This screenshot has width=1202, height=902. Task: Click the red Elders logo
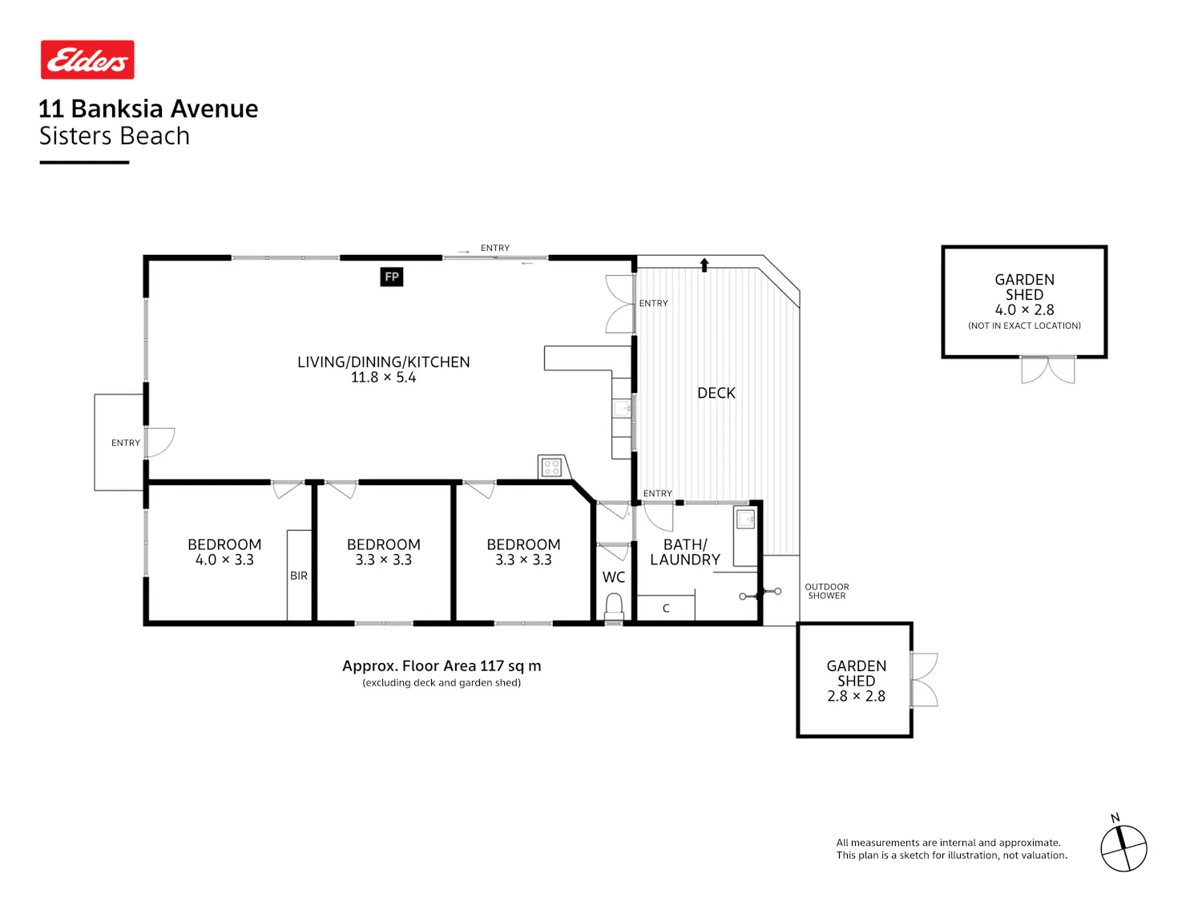coord(87,59)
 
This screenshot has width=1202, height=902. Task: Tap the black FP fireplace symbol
coord(392,277)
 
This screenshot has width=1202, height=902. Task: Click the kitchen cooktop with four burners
coord(551,467)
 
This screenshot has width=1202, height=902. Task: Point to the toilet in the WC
coord(614,607)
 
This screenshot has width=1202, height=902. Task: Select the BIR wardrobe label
coord(298,576)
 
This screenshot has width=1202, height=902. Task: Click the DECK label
coord(716,393)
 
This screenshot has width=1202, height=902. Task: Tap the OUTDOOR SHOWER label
coord(827,591)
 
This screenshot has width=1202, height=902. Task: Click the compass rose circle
coord(1123,848)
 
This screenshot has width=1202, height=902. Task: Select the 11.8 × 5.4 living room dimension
coord(383,378)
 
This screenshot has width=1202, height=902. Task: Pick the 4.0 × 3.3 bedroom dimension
coord(224,560)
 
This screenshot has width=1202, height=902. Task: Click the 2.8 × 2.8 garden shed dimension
coord(856,696)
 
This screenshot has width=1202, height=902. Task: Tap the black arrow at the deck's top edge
coord(704,265)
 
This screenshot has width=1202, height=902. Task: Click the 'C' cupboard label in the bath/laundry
coord(666,608)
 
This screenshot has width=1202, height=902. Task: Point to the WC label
coord(613,576)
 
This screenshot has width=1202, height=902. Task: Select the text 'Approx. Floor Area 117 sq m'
coord(442,666)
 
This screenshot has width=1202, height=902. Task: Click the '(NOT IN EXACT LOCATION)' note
coord(1024,326)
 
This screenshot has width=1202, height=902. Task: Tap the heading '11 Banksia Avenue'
coord(148,108)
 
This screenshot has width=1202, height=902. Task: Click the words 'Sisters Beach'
coord(115,136)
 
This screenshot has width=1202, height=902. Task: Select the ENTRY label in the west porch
coord(125,443)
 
